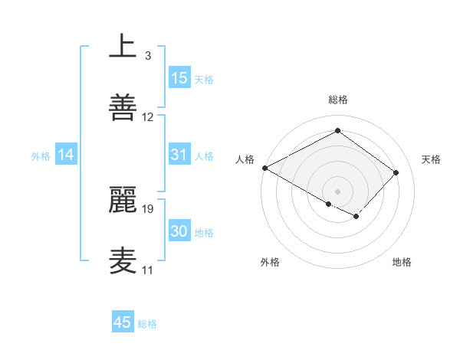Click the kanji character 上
pyautogui.click(x=123, y=47)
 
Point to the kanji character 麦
pyautogui.click(x=123, y=260)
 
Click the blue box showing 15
pyautogui.click(x=179, y=78)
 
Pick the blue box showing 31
pyautogui.click(x=179, y=155)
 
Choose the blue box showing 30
pyautogui.click(x=179, y=232)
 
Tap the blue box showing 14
pyautogui.click(x=66, y=155)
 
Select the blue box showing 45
pyautogui.click(x=123, y=322)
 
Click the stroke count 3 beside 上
pyautogui.click(x=147, y=56)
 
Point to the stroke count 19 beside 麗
pyautogui.click(x=148, y=208)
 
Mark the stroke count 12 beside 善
pyautogui.click(x=148, y=117)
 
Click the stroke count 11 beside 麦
pyautogui.click(x=147, y=270)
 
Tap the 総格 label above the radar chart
pyautogui.click(x=337, y=100)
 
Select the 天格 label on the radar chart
pyautogui.click(x=431, y=159)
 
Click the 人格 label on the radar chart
pyautogui.click(x=245, y=159)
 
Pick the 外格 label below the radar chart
pyautogui.click(x=270, y=262)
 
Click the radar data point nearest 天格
pyautogui.click(x=396, y=172)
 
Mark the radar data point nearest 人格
pyautogui.click(x=264, y=168)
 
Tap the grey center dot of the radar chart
pyautogui.click(x=337, y=191)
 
